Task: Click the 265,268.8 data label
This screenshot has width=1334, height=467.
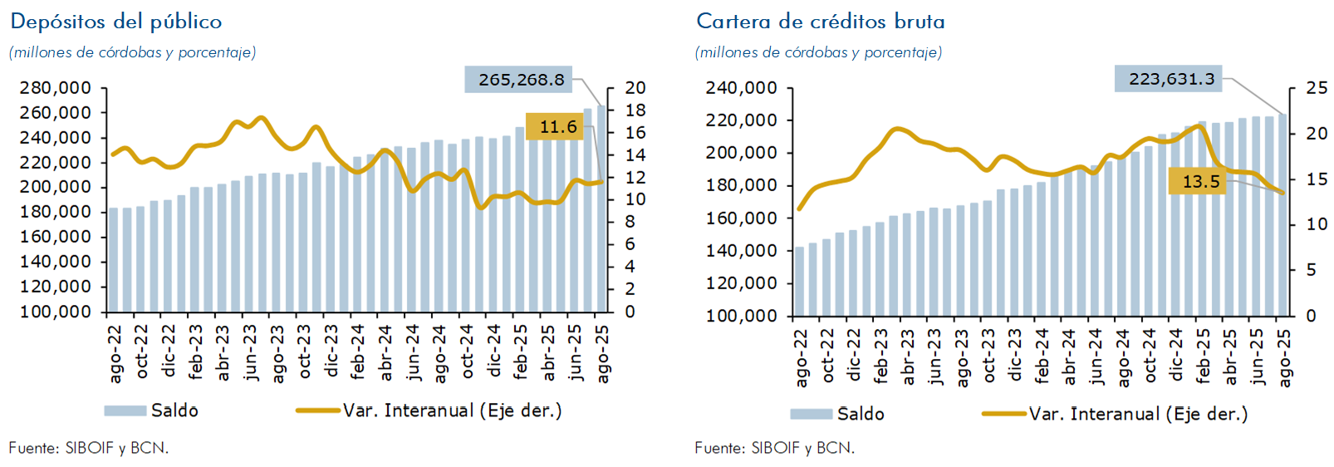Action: click(521, 80)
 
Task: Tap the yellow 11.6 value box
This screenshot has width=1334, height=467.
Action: click(558, 126)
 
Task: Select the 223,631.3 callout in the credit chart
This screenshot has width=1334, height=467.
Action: click(1171, 79)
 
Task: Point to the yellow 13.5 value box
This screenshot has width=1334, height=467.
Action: click(1200, 181)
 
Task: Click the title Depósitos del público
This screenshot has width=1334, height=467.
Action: click(116, 22)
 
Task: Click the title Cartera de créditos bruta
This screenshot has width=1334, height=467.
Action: click(820, 22)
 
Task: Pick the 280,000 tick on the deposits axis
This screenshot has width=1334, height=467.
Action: click(56, 88)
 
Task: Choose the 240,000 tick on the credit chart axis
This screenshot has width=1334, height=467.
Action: click(742, 88)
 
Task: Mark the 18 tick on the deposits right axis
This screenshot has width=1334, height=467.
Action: click(635, 111)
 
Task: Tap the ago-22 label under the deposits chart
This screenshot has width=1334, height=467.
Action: click(115, 354)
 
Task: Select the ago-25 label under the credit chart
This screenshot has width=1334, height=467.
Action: click(1285, 358)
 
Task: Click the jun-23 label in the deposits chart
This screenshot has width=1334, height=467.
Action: click(251, 354)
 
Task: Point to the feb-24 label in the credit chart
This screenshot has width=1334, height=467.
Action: click(1042, 358)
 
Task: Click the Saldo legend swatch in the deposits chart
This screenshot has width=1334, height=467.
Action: click(125, 410)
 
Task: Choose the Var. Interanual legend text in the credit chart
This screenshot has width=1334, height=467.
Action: click(1138, 414)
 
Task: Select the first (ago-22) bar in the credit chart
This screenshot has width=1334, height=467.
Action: click(799, 282)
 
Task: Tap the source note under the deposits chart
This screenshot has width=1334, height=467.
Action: click(89, 448)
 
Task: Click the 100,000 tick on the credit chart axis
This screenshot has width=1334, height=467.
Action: click(742, 316)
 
